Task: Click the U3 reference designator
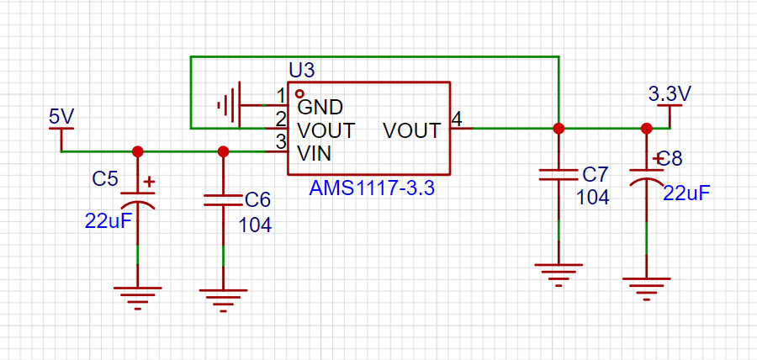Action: click(302, 71)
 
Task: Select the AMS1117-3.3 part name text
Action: click(373, 188)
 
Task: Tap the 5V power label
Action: click(61, 116)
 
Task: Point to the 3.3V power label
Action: click(670, 93)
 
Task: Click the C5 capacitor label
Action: click(105, 179)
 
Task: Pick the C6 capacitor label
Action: click(258, 199)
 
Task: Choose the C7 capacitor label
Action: click(596, 175)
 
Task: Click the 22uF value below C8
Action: click(686, 193)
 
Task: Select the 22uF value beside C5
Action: click(109, 221)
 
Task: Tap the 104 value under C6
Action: click(256, 225)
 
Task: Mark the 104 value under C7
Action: click(593, 198)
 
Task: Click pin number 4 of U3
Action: click(456, 119)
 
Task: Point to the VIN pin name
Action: click(315, 155)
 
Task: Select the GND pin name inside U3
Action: click(320, 107)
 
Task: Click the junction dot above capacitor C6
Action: click(223, 151)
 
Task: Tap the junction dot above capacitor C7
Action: click(558, 129)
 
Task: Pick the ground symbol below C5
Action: click(138, 298)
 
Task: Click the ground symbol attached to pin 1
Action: click(230, 105)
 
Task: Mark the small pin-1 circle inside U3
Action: click(299, 93)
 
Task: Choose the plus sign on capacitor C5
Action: click(151, 182)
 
